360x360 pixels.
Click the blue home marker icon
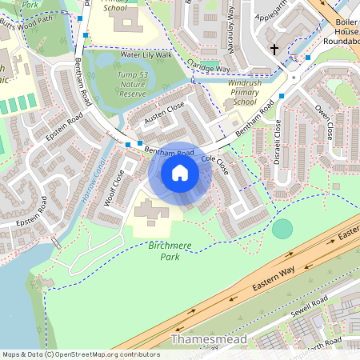[180, 173]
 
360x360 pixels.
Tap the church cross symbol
[274, 49]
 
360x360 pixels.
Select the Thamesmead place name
[205, 340]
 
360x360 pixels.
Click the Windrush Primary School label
[234, 92]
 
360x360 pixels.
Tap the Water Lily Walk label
[146, 54]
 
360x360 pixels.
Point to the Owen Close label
[323, 122]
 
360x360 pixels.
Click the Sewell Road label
[310, 307]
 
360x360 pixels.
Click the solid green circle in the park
[282, 229]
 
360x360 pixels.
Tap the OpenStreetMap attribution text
[81, 354]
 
